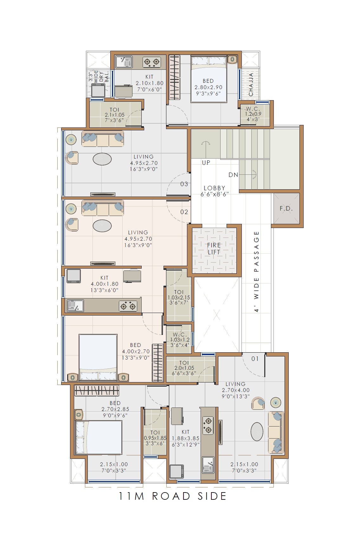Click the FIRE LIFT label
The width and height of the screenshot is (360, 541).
(214, 249)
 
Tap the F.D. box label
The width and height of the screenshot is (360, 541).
(286, 209)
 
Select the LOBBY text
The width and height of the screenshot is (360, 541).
(215, 188)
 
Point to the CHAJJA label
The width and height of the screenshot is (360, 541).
(251, 85)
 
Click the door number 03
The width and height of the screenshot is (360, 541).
(184, 184)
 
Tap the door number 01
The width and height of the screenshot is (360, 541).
(255, 359)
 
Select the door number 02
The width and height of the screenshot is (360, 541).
(184, 212)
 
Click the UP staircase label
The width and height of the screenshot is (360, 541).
(206, 163)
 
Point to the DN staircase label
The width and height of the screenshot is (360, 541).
(233, 175)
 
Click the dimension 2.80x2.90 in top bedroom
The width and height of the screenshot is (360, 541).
(209, 87)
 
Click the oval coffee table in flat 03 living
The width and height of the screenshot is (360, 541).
(102, 159)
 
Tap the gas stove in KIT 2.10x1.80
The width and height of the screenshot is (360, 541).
(151, 62)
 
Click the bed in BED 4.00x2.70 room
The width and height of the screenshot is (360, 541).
(98, 357)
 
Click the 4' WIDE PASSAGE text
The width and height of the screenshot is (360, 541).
(257, 271)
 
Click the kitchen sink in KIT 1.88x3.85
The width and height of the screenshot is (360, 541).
(208, 465)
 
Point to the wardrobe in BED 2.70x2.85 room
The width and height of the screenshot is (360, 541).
(97, 390)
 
